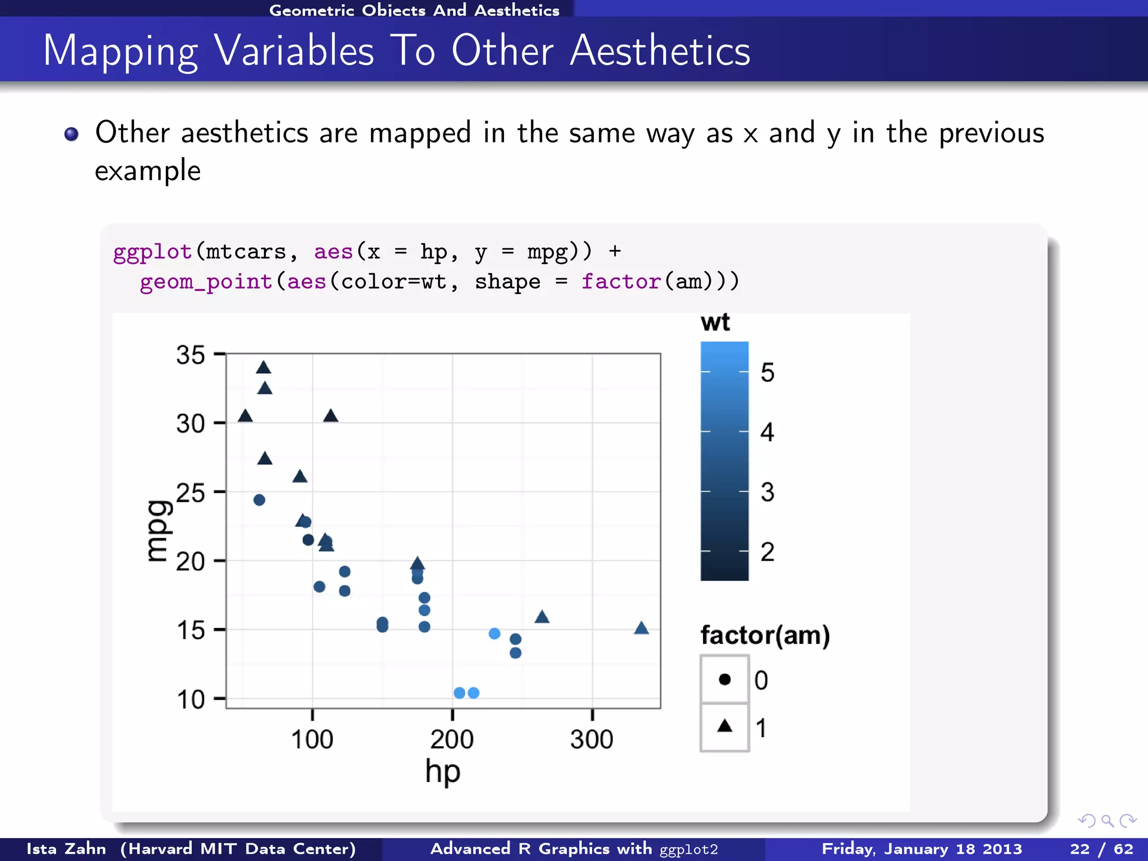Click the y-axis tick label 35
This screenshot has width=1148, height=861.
click(x=191, y=355)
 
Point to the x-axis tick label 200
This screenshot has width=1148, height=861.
click(x=452, y=739)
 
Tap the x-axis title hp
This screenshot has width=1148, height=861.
click(x=442, y=772)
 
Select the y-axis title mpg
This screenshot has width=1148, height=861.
click(x=158, y=530)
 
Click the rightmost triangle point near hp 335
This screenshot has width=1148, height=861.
click(x=641, y=628)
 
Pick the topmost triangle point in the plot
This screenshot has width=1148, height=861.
click(x=263, y=368)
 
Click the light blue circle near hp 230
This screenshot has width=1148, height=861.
click(x=494, y=633)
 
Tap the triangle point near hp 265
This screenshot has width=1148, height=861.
click(x=541, y=617)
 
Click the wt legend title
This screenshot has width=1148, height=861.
click(x=715, y=323)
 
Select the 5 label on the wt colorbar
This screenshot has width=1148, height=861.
click(x=767, y=372)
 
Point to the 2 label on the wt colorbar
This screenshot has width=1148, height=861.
click(x=767, y=552)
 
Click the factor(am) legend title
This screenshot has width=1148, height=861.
click(x=765, y=635)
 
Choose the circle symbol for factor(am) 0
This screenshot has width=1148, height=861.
click(x=725, y=679)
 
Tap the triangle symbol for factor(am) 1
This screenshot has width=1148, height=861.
click(x=725, y=726)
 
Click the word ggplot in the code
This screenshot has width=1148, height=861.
click(x=152, y=252)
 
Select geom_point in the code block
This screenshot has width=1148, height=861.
click(x=206, y=281)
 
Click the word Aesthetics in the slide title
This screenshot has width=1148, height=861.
click(x=660, y=51)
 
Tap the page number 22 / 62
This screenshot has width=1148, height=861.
click(x=1101, y=849)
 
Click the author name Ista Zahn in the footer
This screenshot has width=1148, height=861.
click(x=66, y=849)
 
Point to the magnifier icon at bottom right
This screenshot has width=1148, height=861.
click(x=1107, y=821)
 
